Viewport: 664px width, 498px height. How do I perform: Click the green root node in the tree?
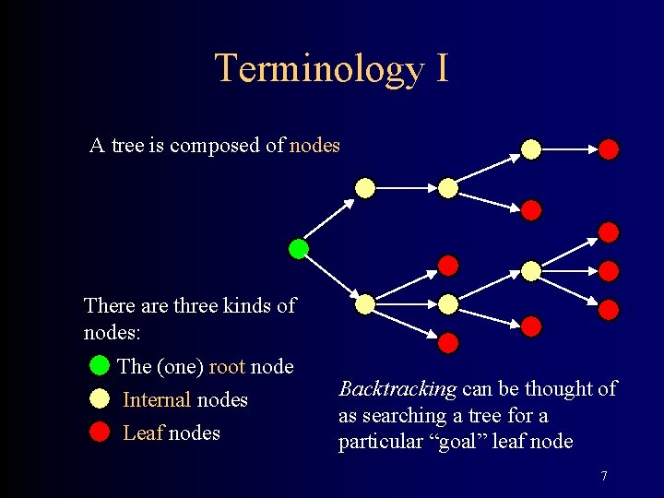(298, 248)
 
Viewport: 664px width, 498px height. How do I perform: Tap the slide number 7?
(604, 476)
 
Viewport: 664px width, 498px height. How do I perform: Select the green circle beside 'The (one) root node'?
(101, 365)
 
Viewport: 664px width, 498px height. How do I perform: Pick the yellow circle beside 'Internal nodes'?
(101, 398)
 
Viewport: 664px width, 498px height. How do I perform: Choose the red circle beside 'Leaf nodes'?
(101, 432)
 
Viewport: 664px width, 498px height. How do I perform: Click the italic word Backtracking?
(397, 389)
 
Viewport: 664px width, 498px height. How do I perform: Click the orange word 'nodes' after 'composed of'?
(314, 146)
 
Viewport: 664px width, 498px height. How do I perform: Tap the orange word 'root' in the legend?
(227, 366)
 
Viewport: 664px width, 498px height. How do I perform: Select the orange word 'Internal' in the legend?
(156, 399)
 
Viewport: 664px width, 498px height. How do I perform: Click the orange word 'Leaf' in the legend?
(142, 433)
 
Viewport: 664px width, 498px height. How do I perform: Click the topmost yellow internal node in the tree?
(531, 148)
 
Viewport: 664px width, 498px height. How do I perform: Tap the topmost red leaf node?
(609, 149)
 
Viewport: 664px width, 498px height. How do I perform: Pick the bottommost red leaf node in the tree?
(448, 343)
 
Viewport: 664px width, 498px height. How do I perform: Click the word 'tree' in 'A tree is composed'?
(127, 146)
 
